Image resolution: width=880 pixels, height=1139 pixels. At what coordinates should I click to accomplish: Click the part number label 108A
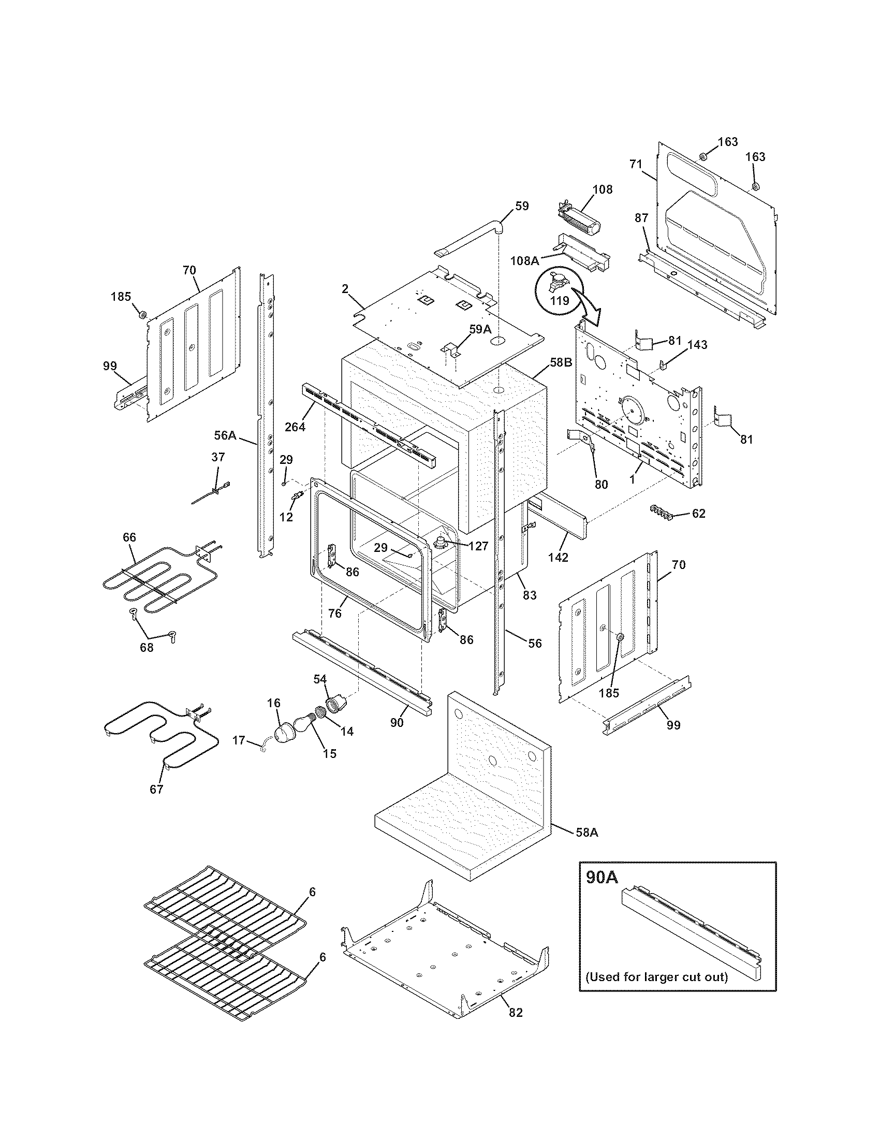click(x=524, y=260)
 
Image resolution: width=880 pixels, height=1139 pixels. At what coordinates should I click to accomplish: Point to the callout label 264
click(x=295, y=427)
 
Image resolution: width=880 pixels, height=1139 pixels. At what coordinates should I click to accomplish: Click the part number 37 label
click(x=218, y=457)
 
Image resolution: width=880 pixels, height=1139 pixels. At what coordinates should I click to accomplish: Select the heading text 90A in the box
click(x=602, y=877)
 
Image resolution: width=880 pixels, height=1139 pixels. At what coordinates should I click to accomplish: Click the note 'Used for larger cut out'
click(x=656, y=976)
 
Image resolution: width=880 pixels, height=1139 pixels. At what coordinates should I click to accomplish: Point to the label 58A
click(x=586, y=833)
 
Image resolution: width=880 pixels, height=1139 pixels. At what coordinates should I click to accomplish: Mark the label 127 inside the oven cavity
click(x=478, y=546)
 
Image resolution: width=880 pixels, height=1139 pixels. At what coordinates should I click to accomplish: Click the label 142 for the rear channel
click(x=558, y=557)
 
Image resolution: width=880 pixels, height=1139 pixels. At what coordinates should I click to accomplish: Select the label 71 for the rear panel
click(x=635, y=164)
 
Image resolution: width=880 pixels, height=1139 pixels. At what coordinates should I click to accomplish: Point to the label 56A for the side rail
click(x=225, y=434)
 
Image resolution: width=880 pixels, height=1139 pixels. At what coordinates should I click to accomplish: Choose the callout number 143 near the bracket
click(x=697, y=345)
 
